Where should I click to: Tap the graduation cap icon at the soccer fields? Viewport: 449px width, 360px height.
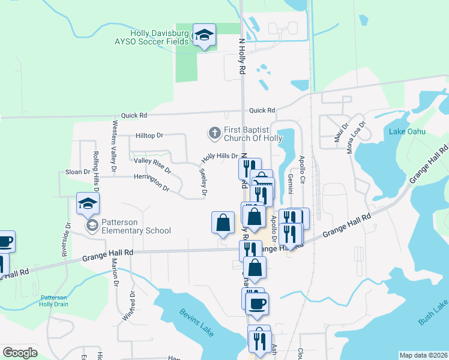point(204,35)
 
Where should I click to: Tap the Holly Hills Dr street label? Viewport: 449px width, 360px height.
point(220,156)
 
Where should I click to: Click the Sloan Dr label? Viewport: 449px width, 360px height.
point(77,172)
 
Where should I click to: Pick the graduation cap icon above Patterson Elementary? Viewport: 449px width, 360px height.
point(88,204)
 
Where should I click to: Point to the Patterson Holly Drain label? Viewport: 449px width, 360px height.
point(55,301)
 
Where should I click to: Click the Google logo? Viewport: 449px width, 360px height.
point(20,352)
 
